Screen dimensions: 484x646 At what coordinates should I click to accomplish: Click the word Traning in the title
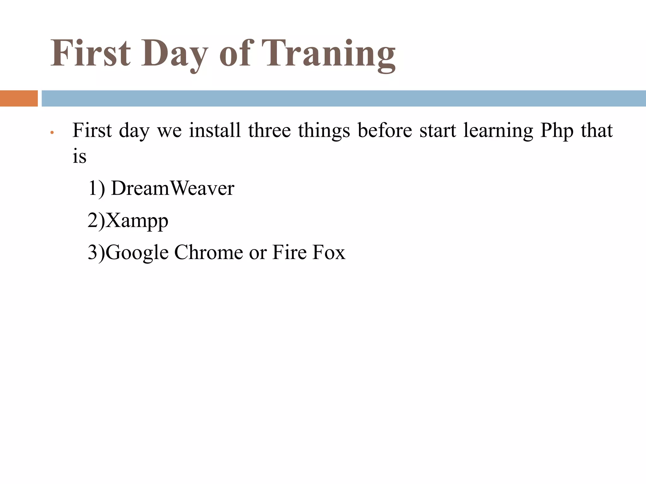click(331, 54)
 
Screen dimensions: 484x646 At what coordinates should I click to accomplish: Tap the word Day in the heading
click(174, 54)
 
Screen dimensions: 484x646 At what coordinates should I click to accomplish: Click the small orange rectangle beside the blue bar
click(19, 98)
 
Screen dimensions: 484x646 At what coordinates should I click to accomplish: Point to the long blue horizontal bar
click(344, 98)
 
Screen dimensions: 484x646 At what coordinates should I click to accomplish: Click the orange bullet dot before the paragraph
click(52, 133)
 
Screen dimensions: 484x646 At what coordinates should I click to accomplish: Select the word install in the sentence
click(215, 130)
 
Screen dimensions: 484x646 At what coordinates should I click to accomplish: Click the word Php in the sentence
click(556, 131)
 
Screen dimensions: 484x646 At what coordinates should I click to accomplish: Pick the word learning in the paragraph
click(498, 131)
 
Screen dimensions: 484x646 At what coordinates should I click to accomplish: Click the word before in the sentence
click(385, 130)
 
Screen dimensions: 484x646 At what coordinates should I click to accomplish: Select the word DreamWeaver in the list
click(173, 188)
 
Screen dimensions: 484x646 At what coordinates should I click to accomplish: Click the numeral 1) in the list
click(96, 188)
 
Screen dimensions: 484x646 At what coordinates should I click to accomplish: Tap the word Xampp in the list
click(137, 221)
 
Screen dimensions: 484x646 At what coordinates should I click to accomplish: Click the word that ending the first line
click(597, 130)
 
